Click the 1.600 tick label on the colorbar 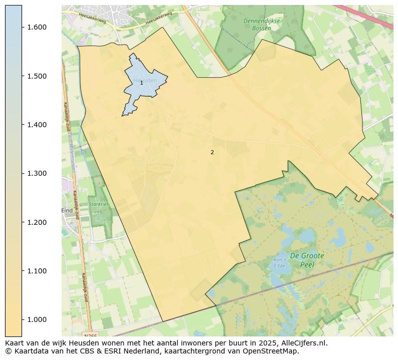click(x=37, y=27)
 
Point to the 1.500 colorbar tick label click(x=37, y=76)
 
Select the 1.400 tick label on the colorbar click(x=37, y=125)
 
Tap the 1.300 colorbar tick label click(x=37, y=174)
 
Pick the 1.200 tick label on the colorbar click(x=37, y=222)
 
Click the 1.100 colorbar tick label click(x=37, y=271)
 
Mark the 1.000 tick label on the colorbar click(x=37, y=320)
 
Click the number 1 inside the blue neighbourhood click(x=141, y=83)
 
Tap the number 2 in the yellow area click(x=212, y=152)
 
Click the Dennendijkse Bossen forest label click(x=261, y=25)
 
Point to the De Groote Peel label click(x=307, y=260)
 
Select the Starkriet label click(x=98, y=204)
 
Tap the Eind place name click(x=67, y=211)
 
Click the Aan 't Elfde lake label click(x=279, y=262)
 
